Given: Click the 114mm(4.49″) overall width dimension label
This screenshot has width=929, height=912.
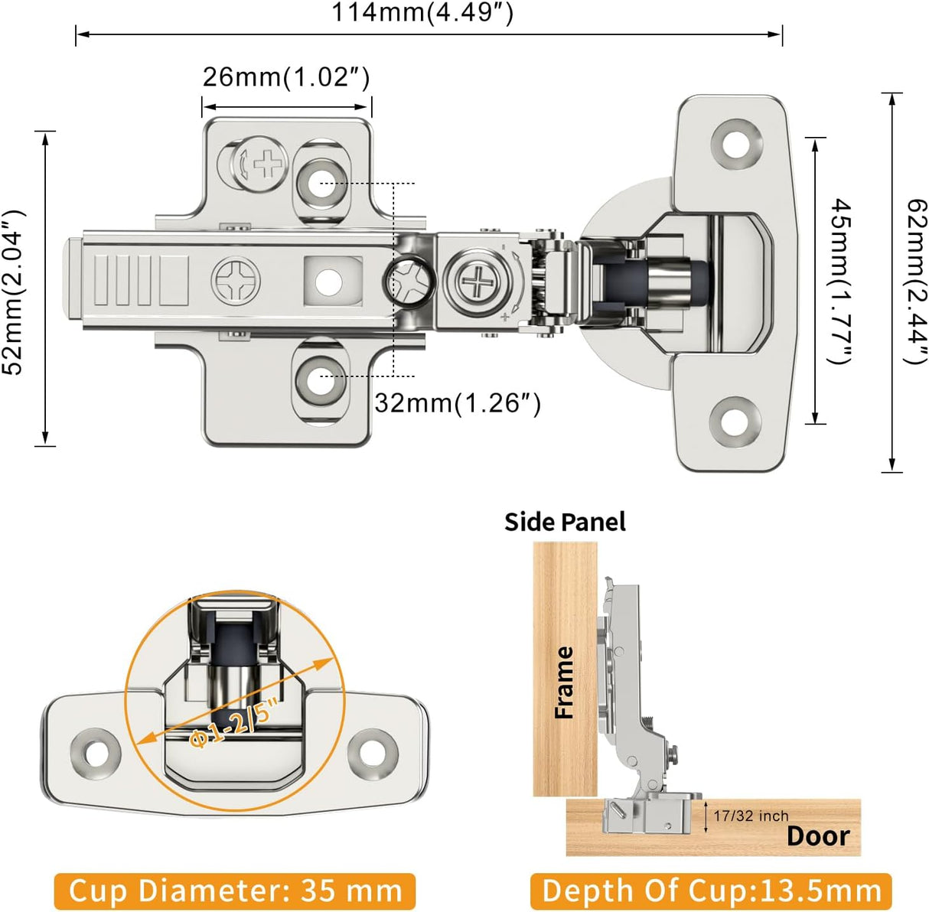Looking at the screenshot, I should point(422,13).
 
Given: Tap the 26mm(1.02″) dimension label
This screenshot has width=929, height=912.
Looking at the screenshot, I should point(286,77).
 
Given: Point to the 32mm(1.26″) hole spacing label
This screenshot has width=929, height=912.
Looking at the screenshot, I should point(458,402).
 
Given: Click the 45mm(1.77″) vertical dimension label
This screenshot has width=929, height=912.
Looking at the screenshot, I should point(841,282).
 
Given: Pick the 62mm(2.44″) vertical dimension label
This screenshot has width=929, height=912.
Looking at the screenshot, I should point(915,282).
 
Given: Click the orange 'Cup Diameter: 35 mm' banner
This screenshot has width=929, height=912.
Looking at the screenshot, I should point(235,891).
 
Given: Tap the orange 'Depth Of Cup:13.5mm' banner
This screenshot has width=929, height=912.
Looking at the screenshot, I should point(711,891).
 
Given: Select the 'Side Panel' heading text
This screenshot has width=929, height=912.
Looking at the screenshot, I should point(565,522).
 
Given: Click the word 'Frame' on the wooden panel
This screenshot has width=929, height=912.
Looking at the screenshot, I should point(564,682).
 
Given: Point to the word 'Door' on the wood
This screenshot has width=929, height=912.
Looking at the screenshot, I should point(817,836).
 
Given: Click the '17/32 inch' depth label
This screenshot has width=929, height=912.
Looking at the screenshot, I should point(750,816).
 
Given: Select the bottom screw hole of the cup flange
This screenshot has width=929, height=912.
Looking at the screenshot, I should point(735,420).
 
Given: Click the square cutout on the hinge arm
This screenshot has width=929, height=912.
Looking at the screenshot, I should point(332,282).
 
